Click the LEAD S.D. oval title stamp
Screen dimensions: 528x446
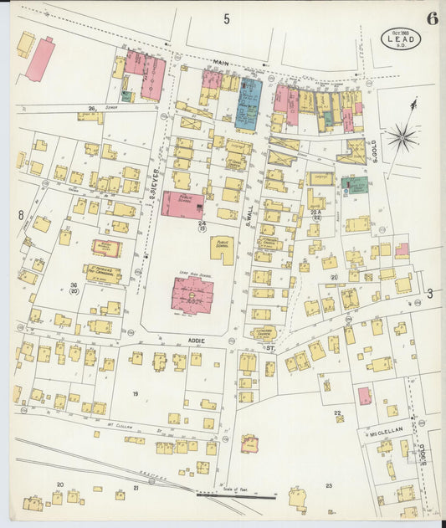(401, 38)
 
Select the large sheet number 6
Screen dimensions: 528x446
(432, 18)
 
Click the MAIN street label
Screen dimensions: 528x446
(221, 62)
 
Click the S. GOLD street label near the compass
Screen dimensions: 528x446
(377, 151)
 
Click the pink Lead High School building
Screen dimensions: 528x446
(192, 295)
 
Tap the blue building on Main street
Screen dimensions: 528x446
(248, 105)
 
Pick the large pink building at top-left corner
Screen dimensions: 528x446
(39, 59)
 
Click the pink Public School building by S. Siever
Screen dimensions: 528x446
(182, 204)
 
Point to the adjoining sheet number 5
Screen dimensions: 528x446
(226, 18)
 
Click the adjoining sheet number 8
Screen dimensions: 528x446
(20, 215)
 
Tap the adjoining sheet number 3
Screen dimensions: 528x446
(429, 293)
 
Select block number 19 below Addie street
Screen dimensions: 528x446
(134, 392)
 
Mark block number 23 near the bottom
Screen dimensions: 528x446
(329, 485)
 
